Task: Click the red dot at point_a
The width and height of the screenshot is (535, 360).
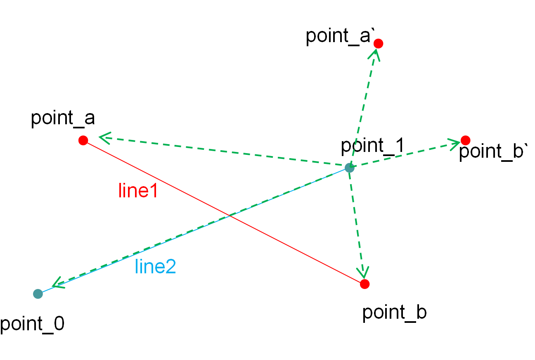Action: pyautogui.click(x=83, y=140)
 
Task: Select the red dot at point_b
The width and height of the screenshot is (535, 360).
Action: pyautogui.click(x=365, y=284)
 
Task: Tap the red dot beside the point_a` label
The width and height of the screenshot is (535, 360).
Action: pyautogui.click(x=378, y=43)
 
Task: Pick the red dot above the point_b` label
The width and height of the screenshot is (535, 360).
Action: pyautogui.click(x=466, y=140)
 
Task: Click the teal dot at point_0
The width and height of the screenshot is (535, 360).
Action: pyautogui.click(x=38, y=294)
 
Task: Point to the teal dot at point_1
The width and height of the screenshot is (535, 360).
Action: pyautogui.click(x=349, y=168)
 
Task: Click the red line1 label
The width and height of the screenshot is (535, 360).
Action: pyautogui.click(x=138, y=190)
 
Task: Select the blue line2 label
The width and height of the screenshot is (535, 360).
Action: pyautogui.click(x=156, y=266)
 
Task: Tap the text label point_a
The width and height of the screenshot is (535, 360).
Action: pyautogui.click(x=63, y=118)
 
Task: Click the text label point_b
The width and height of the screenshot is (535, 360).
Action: pyautogui.click(x=394, y=313)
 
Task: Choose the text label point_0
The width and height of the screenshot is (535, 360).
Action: pyautogui.click(x=32, y=324)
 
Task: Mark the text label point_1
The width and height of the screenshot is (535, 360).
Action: pyautogui.click(x=373, y=146)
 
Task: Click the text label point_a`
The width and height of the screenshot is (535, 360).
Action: pyautogui.click(x=340, y=37)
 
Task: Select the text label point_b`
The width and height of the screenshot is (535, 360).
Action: pyautogui.click(x=493, y=152)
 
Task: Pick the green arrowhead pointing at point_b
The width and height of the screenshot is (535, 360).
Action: pyautogui.click(x=363, y=272)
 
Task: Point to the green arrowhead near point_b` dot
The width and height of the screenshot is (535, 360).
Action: pyautogui.click(x=454, y=144)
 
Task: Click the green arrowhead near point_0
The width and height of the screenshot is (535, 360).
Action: pyautogui.click(x=58, y=283)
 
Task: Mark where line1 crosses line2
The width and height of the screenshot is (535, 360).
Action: pyautogui.click(x=230, y=216)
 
